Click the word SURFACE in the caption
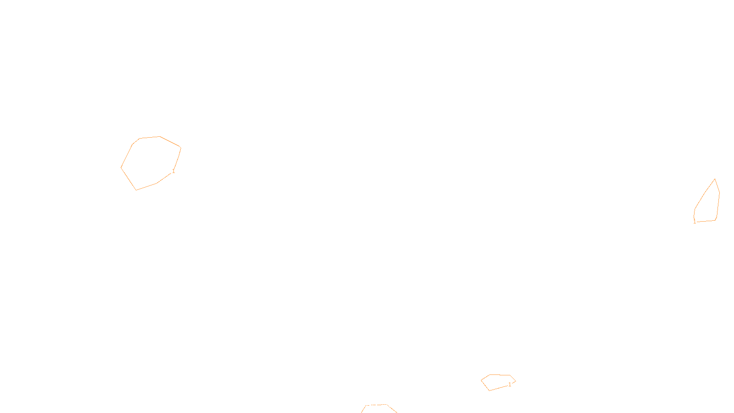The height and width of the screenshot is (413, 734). pos(367,406)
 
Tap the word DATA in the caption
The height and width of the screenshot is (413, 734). pos(388,406)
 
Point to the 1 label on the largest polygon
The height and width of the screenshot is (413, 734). pos(173,171)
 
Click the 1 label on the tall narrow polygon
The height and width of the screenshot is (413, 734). pos(695,222)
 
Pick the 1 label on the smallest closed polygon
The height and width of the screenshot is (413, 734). pos(510,385)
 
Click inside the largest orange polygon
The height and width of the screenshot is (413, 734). pos(150,163)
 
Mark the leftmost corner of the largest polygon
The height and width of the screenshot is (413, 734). pos(121,167)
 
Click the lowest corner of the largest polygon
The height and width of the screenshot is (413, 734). pos(136,190)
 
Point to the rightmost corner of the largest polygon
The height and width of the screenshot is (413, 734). pos(181,148)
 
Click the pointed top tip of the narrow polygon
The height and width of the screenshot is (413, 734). pos(715,179)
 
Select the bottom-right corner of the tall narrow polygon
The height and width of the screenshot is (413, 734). pos(716,220)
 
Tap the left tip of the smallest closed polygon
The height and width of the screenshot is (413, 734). pos(481,380)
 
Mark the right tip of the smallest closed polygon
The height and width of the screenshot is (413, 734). pos(516,381)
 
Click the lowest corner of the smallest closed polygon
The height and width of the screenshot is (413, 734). pos(489,391)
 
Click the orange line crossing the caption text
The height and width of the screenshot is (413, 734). pos(376,405)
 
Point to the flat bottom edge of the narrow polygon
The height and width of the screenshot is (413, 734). pos(706,221)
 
